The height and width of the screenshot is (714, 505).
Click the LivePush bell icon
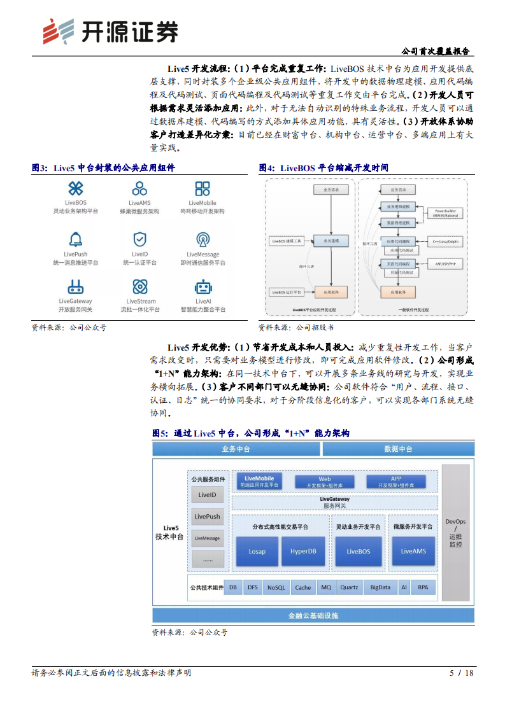76,239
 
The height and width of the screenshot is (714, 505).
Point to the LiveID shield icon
139,239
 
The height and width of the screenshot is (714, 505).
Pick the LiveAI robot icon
203,287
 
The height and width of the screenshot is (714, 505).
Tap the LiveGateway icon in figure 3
76,287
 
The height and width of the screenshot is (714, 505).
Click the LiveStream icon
139,287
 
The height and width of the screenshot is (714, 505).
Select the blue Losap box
257,551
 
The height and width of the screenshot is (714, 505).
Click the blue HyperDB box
303,551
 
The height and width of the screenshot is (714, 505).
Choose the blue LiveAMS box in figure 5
413,551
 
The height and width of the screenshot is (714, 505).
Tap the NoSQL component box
276,588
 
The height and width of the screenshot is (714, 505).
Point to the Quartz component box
349,588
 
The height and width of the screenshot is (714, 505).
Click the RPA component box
423,588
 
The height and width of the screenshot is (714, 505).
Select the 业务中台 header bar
236,449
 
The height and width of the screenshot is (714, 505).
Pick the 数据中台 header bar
398,449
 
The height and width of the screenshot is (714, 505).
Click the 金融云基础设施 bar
313,615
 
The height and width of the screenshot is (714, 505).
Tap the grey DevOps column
455,532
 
